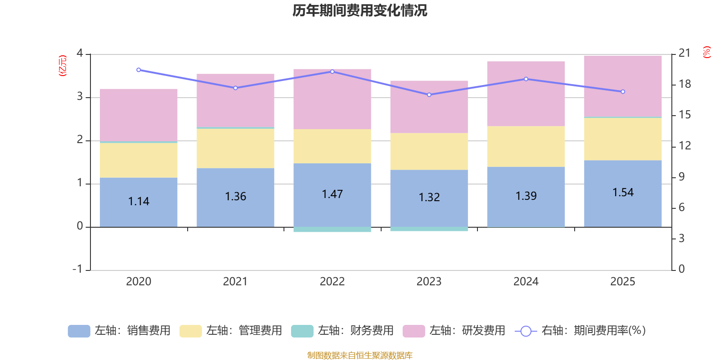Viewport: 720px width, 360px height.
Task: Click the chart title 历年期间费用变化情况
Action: (360, 10)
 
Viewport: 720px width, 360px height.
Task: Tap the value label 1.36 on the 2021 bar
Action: (235, 197)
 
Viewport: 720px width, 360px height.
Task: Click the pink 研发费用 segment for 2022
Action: (332, 99)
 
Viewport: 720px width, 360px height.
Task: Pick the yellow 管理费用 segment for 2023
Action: (429, 151)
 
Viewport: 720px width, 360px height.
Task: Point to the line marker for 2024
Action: (526, 79)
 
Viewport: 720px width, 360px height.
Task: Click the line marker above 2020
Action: (139, 70)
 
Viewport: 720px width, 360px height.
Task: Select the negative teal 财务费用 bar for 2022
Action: (332, 229)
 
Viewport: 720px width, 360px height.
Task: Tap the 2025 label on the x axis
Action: (622, 282)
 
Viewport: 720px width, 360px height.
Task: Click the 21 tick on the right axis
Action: (684, 53)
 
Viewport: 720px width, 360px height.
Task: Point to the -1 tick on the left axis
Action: (78, 269)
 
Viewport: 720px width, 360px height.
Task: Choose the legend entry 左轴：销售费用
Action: (120, 331)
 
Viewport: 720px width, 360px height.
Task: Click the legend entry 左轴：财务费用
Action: (343, 331)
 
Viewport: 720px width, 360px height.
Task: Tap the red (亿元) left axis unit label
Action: (63, 66)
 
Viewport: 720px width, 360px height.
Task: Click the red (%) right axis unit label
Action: (706, 52)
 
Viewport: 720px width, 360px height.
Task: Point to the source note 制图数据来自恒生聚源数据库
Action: (360, 355)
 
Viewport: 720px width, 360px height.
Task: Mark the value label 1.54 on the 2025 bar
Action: (623, 193)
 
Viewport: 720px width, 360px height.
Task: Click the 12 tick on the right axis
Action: (684, 146)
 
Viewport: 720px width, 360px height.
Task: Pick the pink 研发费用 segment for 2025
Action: (623, 85)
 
